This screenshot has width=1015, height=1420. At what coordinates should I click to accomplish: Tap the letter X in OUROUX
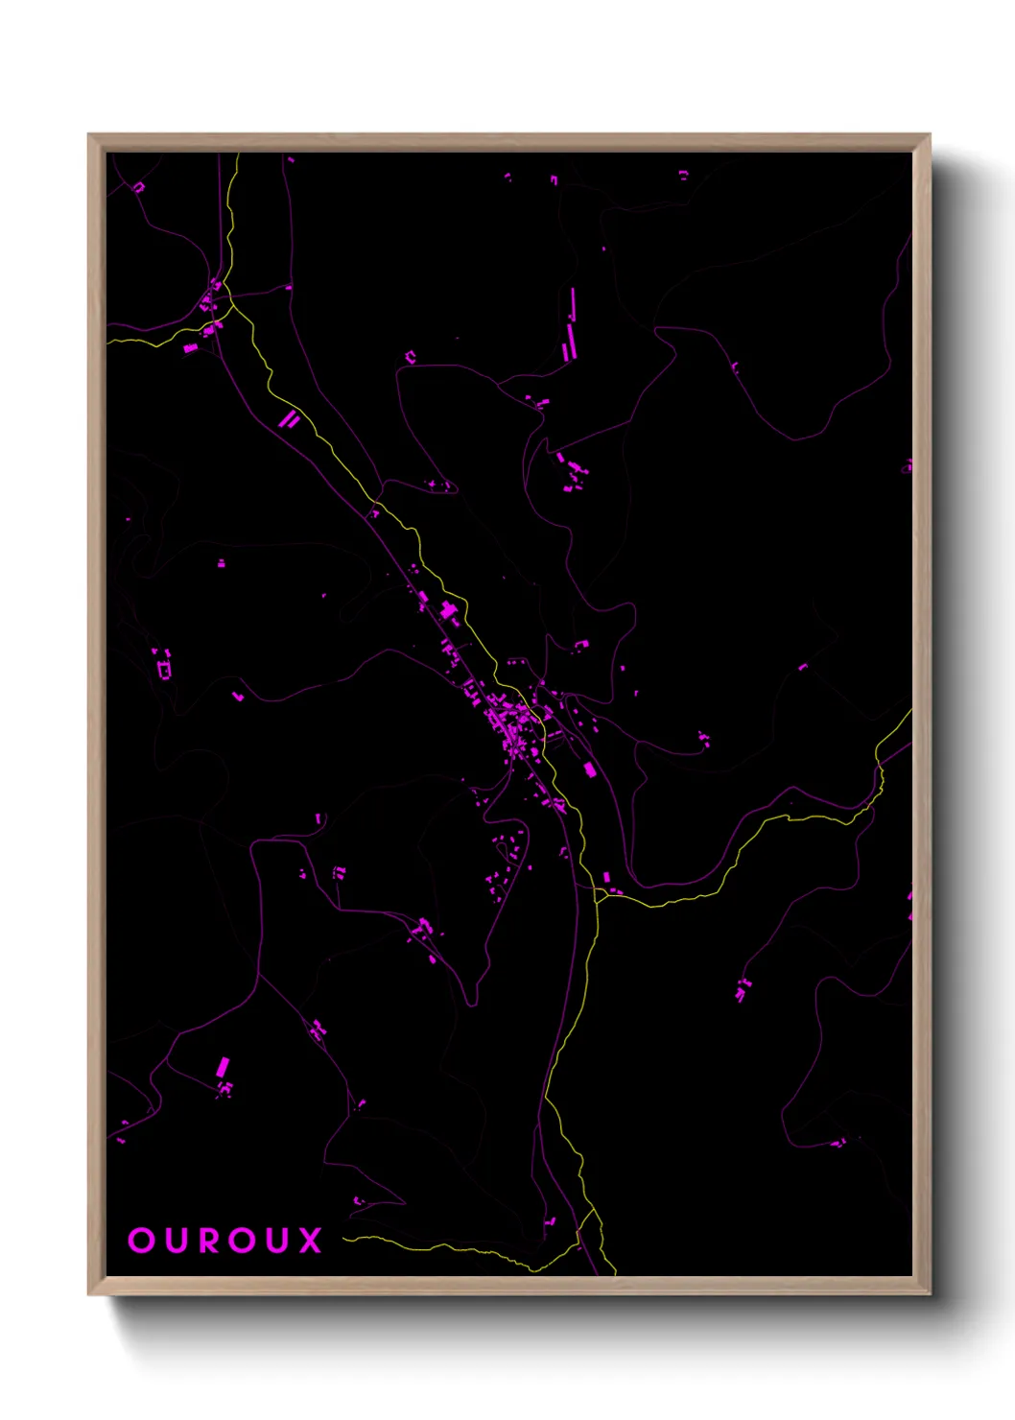(310, 1240)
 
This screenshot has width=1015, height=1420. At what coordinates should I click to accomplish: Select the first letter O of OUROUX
(141, 1240)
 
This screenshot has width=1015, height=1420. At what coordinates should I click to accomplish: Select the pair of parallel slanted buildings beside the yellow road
(289, 418)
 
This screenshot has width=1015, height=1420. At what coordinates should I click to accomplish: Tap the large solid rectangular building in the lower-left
(223, 1066)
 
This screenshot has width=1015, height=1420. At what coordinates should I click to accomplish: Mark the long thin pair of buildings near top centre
(572, 324)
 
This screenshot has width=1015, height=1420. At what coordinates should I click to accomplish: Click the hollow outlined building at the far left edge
(164, 666)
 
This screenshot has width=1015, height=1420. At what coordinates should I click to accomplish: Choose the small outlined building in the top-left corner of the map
(138, 187)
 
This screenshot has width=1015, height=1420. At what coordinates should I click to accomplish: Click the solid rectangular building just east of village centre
(590, 769)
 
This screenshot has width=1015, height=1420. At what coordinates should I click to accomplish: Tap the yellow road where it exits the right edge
(908, 715)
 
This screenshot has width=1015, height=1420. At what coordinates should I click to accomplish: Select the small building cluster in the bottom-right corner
(838, 1143)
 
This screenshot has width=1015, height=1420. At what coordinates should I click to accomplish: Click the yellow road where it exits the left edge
(109, 340)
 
